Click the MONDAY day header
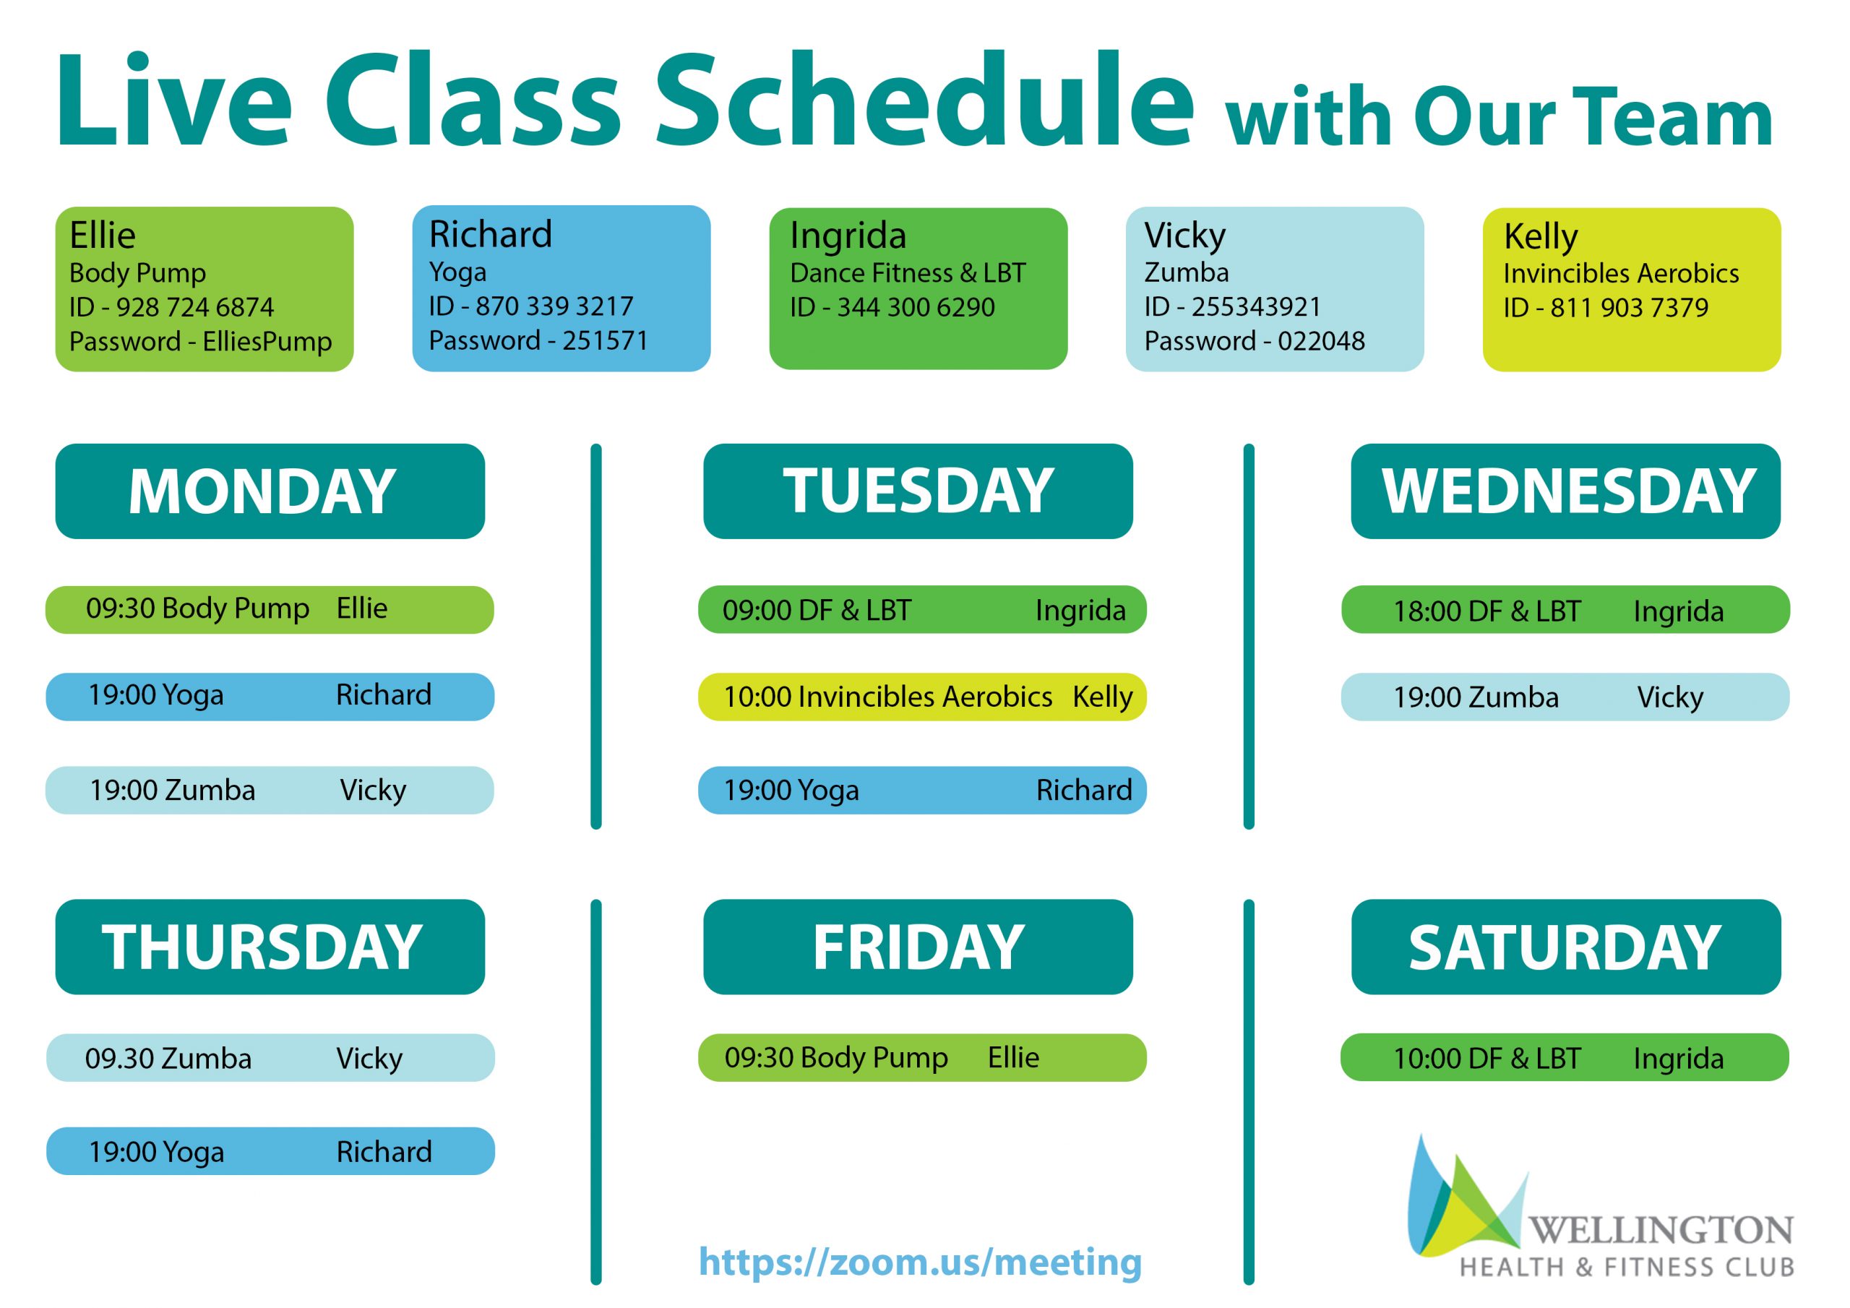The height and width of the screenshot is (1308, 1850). tap(270, 491)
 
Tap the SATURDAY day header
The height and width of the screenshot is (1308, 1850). tap(1565, 947)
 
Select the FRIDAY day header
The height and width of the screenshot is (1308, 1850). tap(918, 947)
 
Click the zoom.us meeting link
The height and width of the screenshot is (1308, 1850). tap(920, 1262)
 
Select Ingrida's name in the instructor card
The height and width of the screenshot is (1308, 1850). tap(848, 236)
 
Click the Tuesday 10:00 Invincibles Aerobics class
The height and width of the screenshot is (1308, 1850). tap(922, 697)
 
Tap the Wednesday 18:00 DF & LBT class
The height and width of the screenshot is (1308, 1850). tap(1565, 610)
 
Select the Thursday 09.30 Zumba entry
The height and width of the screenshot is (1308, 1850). tap(270, 1057)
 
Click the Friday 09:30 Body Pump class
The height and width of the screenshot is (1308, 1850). tap(922, 1057)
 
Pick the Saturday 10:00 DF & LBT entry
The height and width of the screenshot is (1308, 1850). tap(1565, 1057)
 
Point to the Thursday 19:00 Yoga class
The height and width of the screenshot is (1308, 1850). tap(270, 1151)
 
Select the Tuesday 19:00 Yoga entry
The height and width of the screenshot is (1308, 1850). tap(922, 790)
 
